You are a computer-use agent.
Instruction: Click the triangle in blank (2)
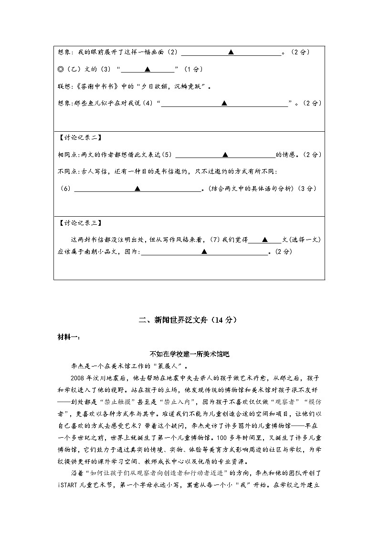[231, 52]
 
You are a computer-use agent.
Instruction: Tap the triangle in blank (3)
[147, 69]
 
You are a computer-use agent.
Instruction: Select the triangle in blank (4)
[224, 103]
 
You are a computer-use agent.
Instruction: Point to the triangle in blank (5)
[225, 155]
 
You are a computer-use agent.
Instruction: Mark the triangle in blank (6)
[137, 189]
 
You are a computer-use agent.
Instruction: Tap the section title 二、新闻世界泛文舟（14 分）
[189, 320]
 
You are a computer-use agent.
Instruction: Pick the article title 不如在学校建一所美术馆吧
[189, 354]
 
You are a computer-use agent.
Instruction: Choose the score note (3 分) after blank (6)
[307, 189]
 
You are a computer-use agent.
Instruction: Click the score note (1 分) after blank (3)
[193, 69]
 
